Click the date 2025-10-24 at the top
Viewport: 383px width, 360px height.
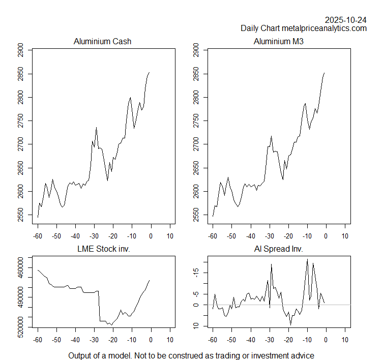point(346,20)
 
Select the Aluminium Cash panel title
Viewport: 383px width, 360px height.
point(102,41)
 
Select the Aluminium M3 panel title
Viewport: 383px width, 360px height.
point(278,41)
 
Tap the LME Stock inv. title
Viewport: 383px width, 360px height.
point(102,249)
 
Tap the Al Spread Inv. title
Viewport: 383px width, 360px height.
point(278,249)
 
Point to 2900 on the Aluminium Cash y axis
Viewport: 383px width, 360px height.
point(20,50)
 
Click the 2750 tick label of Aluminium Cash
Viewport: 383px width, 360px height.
point(20,121)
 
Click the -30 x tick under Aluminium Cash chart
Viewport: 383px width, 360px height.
point(94,236)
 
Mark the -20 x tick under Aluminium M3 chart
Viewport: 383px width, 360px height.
point(288,236)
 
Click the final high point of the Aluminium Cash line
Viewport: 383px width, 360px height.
point(150,72)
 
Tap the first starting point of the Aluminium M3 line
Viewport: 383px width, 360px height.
point(213,216)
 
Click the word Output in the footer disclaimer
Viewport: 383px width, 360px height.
point(81,355)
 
